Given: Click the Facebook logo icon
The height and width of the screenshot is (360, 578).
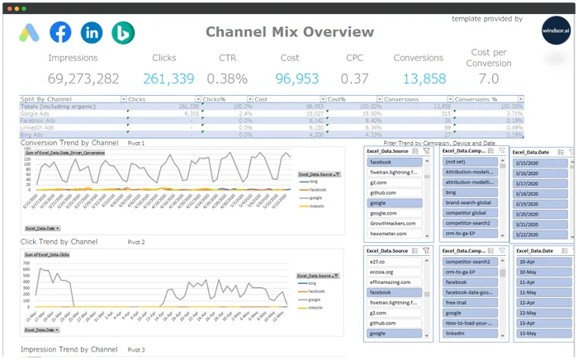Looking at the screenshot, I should point(60,33).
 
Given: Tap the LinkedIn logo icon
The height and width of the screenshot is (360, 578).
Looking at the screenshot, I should point(92,33).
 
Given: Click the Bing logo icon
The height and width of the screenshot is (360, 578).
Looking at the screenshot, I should point(123,33).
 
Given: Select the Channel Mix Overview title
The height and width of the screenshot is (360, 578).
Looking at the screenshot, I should point(289,32).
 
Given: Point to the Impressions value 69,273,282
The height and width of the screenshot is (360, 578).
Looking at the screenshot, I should point(83,79).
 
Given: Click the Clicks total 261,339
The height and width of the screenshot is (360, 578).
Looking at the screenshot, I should point(168,79).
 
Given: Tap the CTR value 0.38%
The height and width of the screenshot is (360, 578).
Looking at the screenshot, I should point(227,79).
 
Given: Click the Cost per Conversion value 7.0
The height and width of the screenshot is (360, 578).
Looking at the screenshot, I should point(489,79).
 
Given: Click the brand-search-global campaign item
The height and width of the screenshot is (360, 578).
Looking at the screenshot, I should point(468,201).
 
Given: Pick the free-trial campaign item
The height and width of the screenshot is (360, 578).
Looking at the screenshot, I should point(458,302).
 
